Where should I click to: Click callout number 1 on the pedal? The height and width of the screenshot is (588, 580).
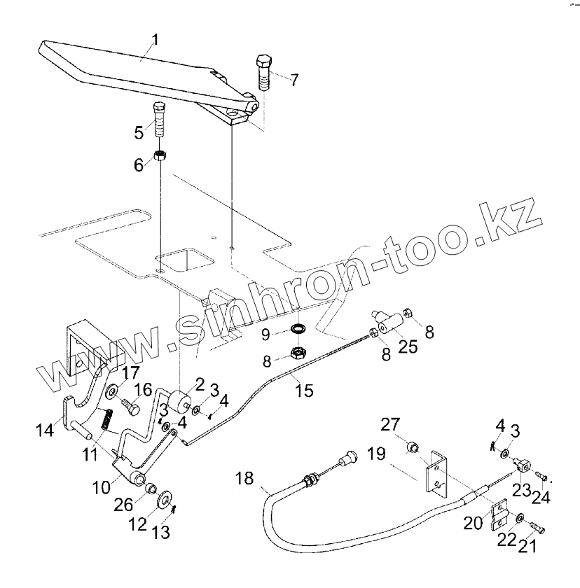pyautogui.click(x=155, y=40)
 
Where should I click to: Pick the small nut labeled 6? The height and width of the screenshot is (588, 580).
pyautogui.click(x=160, y=155)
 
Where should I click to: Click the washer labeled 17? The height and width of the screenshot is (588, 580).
pyautogui.click(x=111, y=389)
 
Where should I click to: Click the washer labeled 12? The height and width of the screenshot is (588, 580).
pyautogui.click(x=165, y=499)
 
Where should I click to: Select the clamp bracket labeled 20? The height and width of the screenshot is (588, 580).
pyautogui.click(x=502, y=515)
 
